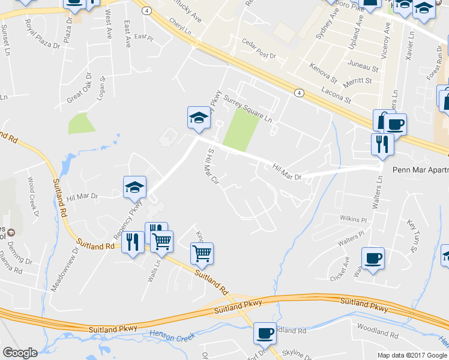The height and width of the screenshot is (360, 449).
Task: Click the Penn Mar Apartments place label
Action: (x=420, y=170)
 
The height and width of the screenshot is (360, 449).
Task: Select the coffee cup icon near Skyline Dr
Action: (x=265, y=333)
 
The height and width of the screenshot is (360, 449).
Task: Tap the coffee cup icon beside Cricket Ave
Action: (x=373, y=258)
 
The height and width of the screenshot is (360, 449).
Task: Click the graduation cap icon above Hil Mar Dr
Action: (x=199, y=118)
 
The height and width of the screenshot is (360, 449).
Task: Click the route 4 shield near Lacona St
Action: (x=298, y=92)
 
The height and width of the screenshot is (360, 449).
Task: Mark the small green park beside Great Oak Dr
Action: (x=82, y=123)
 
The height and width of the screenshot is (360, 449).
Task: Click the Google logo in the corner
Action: (x=20, y=353)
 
